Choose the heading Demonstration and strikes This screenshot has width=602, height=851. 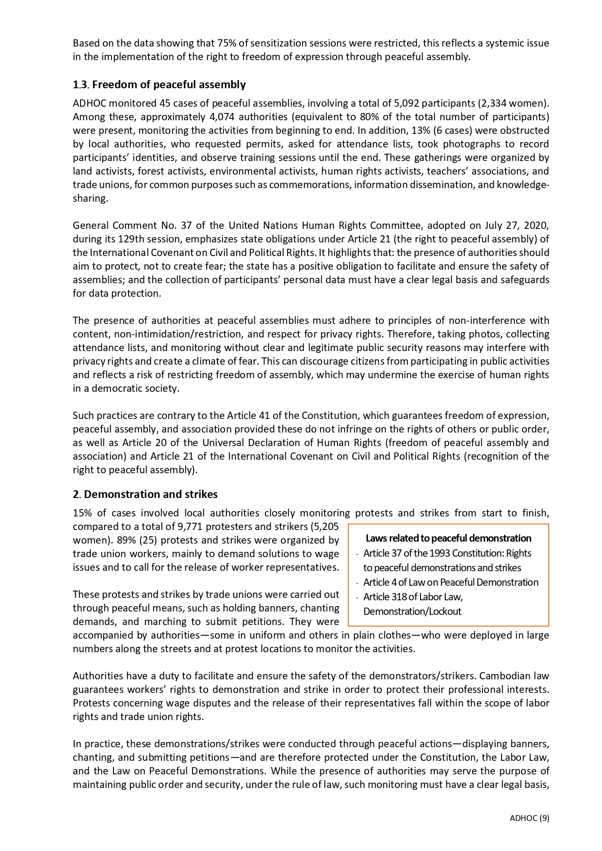click(x=151, y=495)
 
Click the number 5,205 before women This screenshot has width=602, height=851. click(x=326, y=527)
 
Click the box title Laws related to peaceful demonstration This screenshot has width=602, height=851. click(x=448, y=538)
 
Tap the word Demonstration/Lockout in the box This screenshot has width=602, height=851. click(x=412, y=611)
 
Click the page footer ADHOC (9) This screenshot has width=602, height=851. click(x=529, y=818)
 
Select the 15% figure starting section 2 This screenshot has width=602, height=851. click(x=82, y=513)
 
